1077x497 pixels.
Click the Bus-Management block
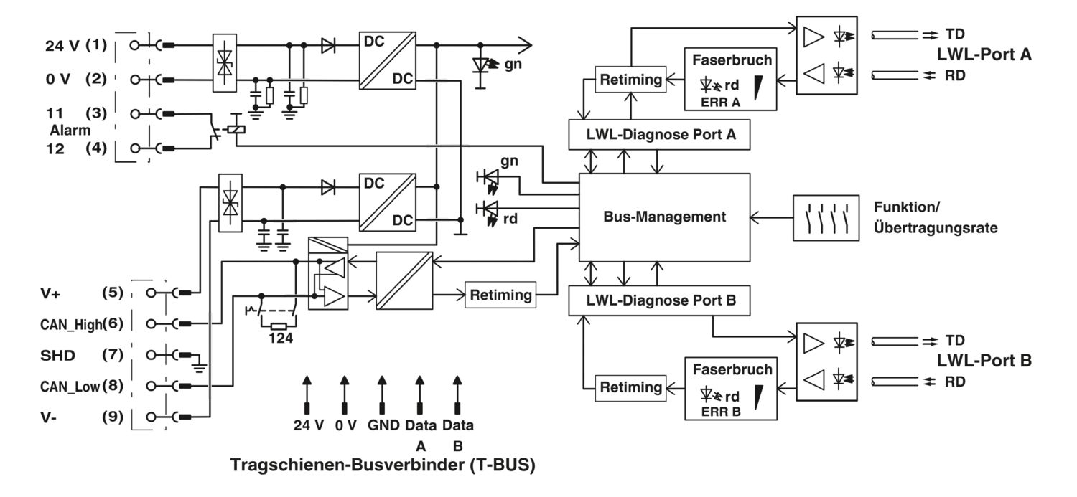click(x=664, y=217)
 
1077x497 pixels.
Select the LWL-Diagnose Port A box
click(x=659, y=134)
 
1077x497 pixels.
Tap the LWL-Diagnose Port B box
click(x=659, y=300)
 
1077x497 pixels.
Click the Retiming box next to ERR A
click(x=631, y=79)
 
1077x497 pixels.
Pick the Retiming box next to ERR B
click(x=631, y=387)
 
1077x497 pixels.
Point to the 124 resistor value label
click(x=281, y=339)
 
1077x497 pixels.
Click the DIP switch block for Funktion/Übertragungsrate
click(x=826, y=217)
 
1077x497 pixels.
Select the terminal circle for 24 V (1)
click(x=135, y=46)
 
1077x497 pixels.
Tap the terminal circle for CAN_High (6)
click(x=151, y=324)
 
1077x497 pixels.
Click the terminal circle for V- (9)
click(x=151, y=417)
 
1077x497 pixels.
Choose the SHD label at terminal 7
click(x=57, y=356)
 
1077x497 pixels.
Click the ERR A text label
click(x=720, y=103)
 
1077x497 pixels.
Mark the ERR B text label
click(x=721, y=412)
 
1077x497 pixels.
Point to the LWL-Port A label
click(x=984, y=55)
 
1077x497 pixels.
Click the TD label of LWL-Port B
click(x=955, y=341)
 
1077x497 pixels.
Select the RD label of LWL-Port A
click(x=955, y=75)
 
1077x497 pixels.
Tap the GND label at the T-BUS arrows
click(x=383, y=425)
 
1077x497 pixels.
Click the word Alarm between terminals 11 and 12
click(x=70, y=130)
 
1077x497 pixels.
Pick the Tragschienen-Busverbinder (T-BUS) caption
click(x=383, y=465)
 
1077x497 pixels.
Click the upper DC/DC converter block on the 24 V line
click(x=388, y=60)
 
